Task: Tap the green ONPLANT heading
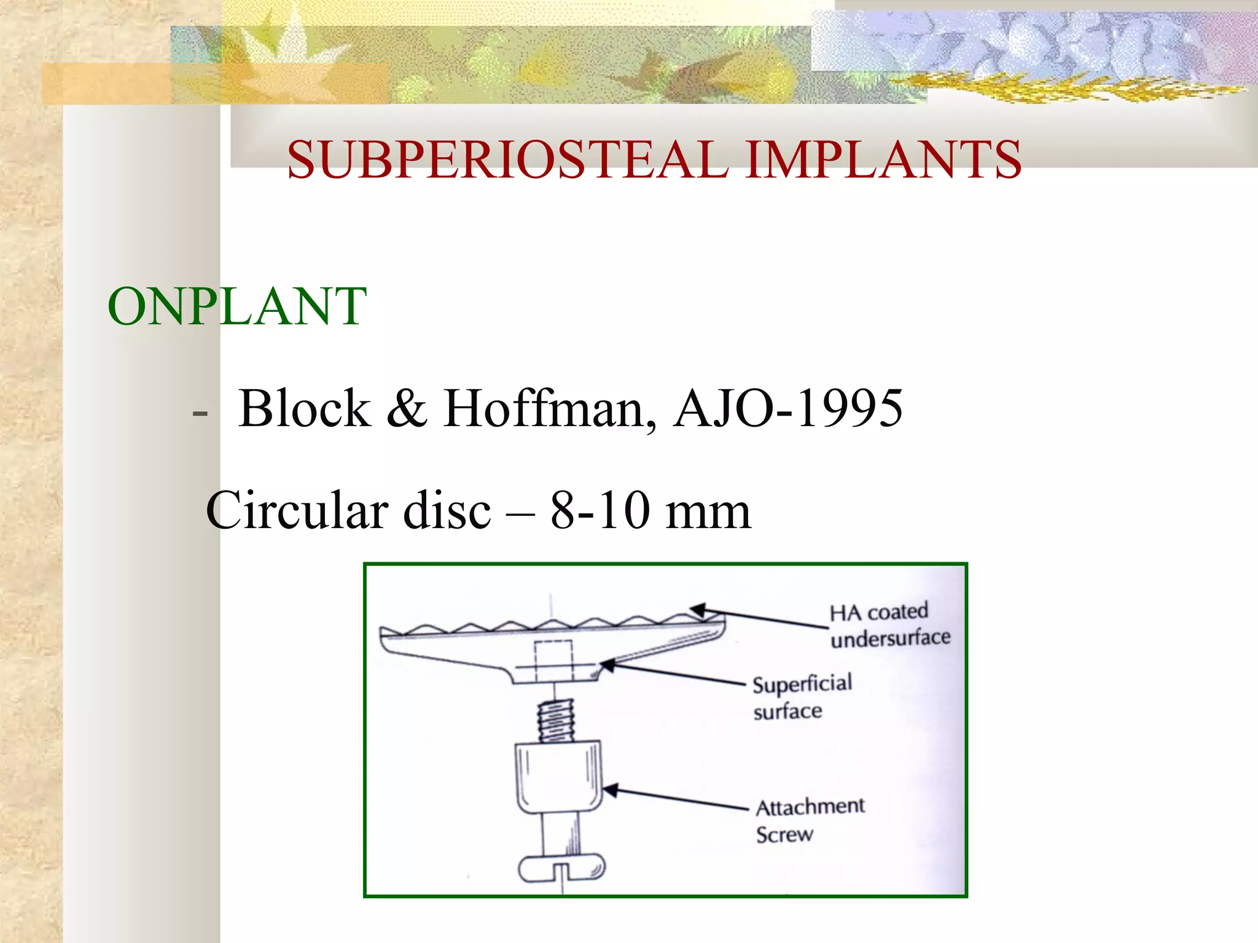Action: (x=237, y=306)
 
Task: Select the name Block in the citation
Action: (x=305, y=408)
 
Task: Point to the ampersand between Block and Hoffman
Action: (x=407, y=408)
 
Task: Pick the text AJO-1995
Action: (x=788, y=408)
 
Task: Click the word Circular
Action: (x=297, y=510)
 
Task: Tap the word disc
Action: (x=447, y=510)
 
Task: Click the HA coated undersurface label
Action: (x=889, y=625)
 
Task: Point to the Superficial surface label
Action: (x=802, y=697)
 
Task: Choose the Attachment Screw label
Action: (x=809, y=820)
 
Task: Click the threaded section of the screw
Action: (x=556, y=721)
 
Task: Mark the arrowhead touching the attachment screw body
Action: (x=610, y=790)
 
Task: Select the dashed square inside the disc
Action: (x=553, y=661)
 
